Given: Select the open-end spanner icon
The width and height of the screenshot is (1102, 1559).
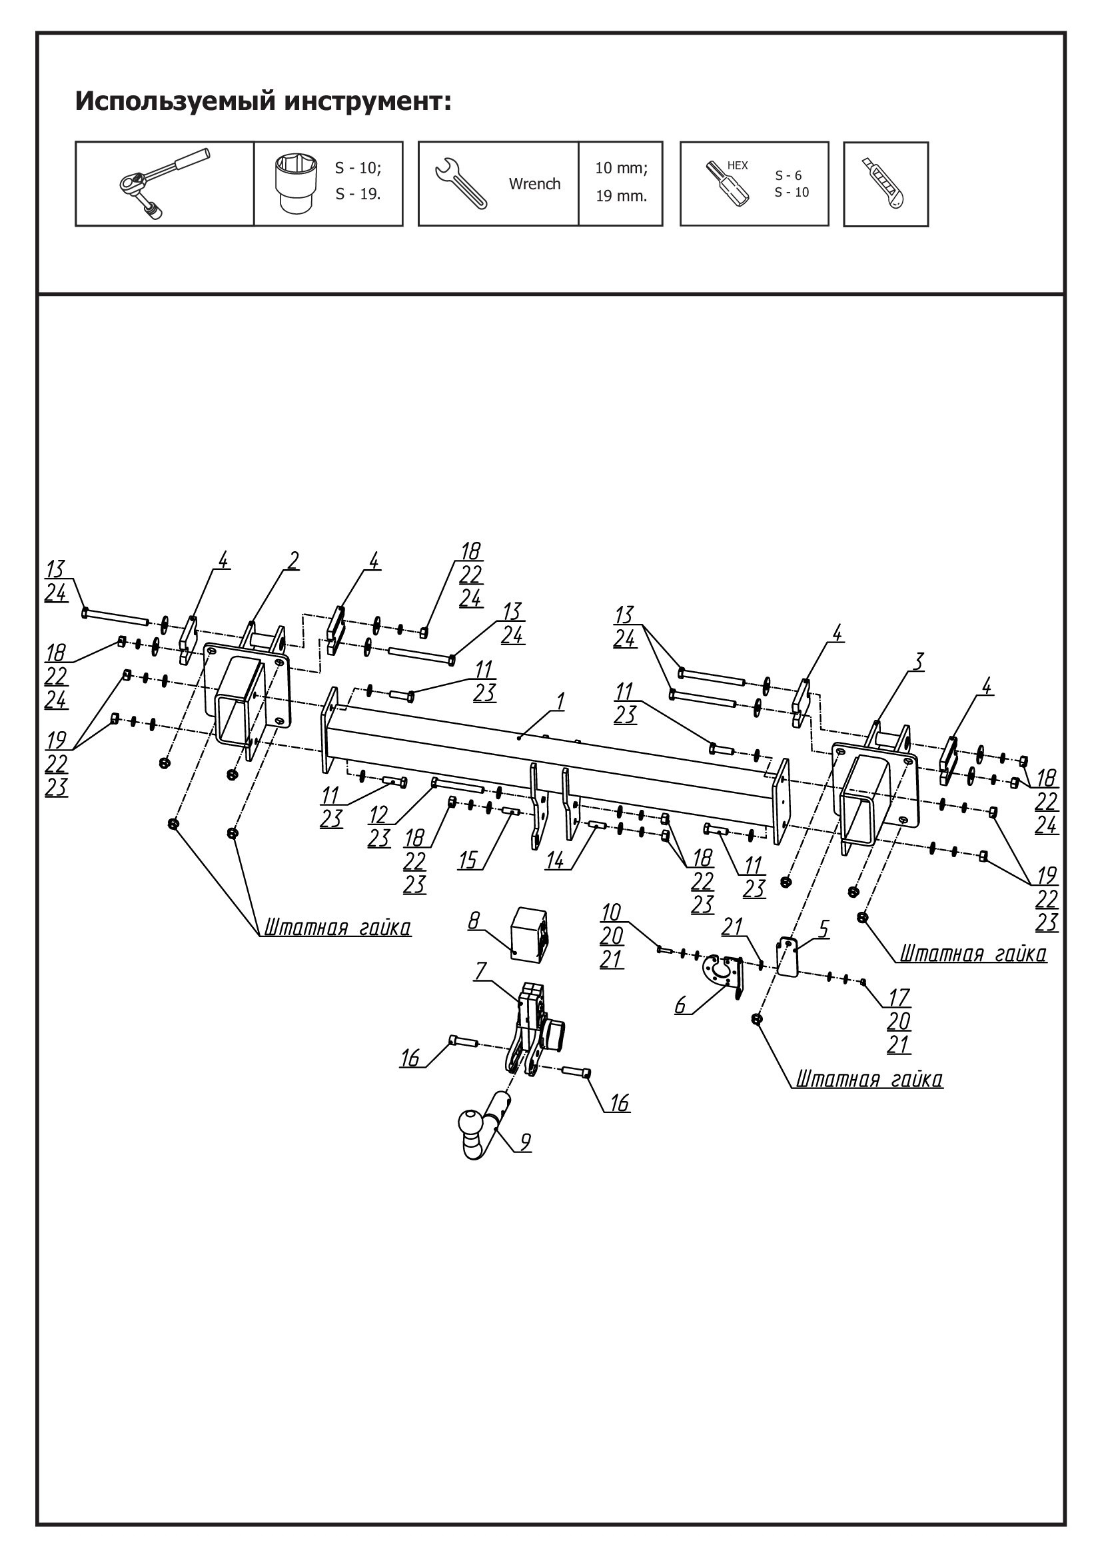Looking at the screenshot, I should tap(462, 183).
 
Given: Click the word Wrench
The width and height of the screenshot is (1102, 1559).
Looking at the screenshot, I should tap(535, 184).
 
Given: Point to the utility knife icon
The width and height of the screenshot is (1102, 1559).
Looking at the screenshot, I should tap(885, 183).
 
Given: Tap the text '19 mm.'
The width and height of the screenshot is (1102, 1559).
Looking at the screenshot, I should tap(621, 197).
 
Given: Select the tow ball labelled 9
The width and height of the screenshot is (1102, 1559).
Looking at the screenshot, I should tap(475, 1126).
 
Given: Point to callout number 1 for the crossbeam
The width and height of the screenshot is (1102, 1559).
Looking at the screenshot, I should tap(560, 701).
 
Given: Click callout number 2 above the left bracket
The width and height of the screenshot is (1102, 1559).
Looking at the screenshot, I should tap(292, 560).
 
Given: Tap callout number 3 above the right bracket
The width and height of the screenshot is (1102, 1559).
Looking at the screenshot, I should tap(917, 660).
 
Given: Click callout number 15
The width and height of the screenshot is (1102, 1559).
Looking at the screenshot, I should tap(468, 860).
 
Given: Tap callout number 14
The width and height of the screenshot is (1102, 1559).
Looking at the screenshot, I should tap(555, 860).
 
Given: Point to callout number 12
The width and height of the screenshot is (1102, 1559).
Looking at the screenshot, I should tap(378, 814).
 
